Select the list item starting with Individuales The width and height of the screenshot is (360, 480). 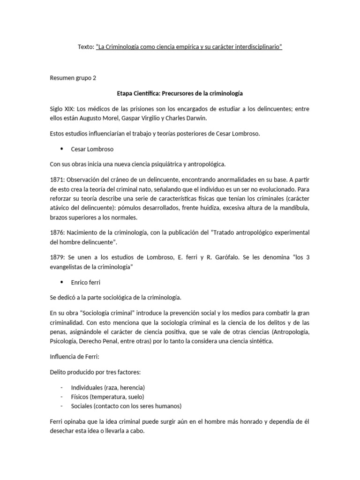coord(107,388)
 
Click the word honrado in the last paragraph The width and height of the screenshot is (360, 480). coord(240,421)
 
